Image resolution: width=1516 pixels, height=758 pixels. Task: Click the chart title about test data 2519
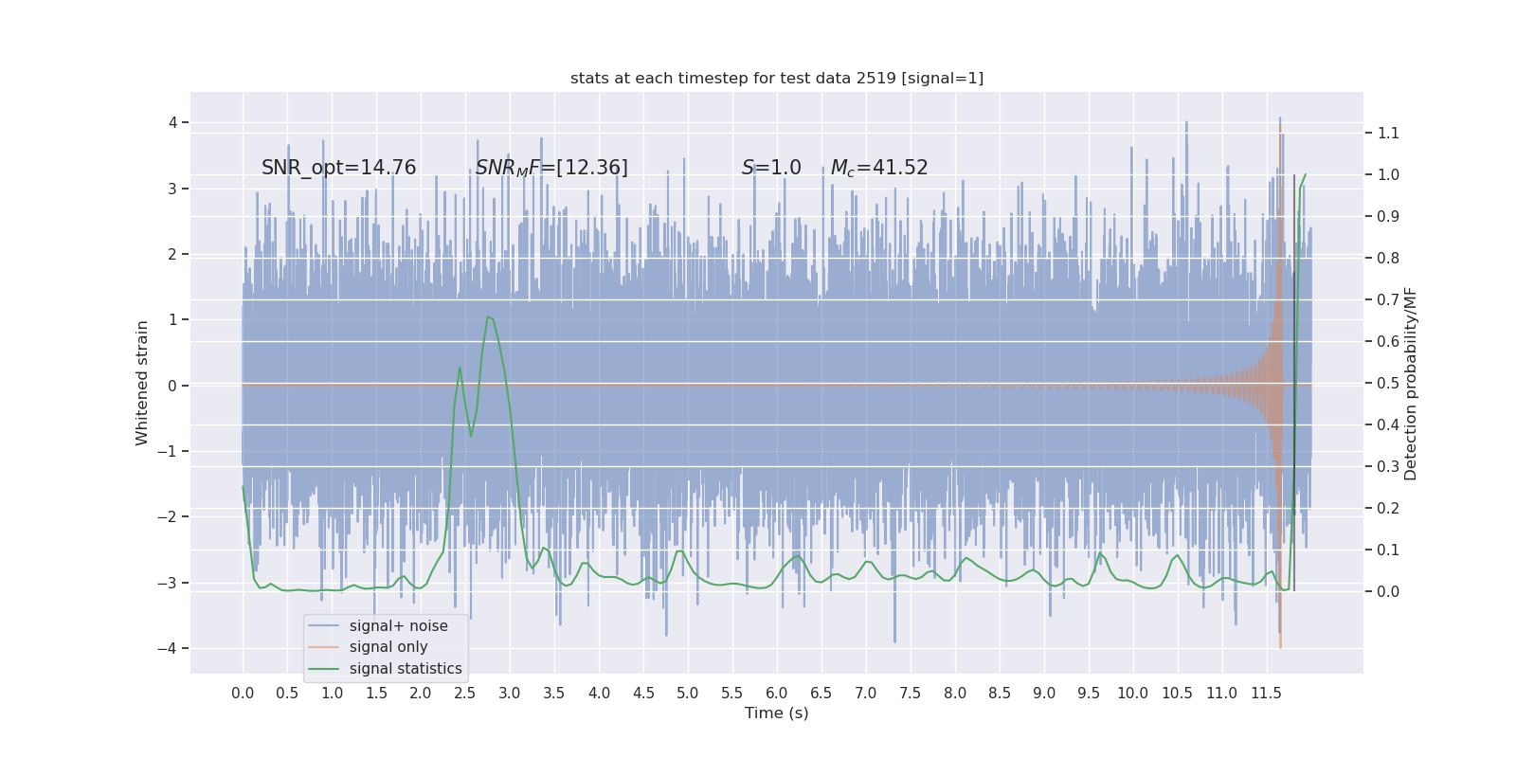click(777, 79)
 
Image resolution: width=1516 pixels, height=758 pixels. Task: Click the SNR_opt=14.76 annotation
click(338, 168)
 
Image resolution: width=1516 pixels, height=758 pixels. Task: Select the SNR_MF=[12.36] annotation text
click(551, 168)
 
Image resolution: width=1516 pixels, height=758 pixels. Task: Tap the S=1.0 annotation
click(771, 168)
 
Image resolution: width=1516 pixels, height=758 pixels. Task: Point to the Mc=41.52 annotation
click(879, 168)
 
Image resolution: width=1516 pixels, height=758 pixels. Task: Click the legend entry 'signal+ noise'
click(398, 626)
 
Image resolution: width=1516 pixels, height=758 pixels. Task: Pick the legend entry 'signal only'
click(388, 647)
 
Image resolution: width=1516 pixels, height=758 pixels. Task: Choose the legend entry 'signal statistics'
click(406, 669)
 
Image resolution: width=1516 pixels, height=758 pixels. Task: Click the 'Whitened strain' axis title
click(142, 383)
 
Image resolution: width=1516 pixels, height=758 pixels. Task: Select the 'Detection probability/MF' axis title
click(1411, 384)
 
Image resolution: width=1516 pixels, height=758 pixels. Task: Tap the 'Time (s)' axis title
click(777, 713)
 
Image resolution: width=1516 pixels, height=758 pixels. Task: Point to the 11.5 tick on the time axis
click(1266, 694)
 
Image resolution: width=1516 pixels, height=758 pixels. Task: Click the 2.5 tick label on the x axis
click(464, 694)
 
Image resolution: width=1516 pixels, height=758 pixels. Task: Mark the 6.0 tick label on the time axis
click(776, 694)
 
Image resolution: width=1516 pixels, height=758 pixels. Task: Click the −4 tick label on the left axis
click(167, 649)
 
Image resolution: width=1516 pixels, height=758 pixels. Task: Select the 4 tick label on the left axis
click(172, 122)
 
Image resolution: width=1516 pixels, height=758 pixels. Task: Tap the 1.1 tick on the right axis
click(1388, 134)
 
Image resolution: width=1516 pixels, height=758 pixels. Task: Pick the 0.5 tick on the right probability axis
click(1388, 384)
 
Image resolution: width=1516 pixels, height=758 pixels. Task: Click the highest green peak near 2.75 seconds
click(488, 316)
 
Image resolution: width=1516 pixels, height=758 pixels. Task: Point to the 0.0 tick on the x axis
click(243, 694)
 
